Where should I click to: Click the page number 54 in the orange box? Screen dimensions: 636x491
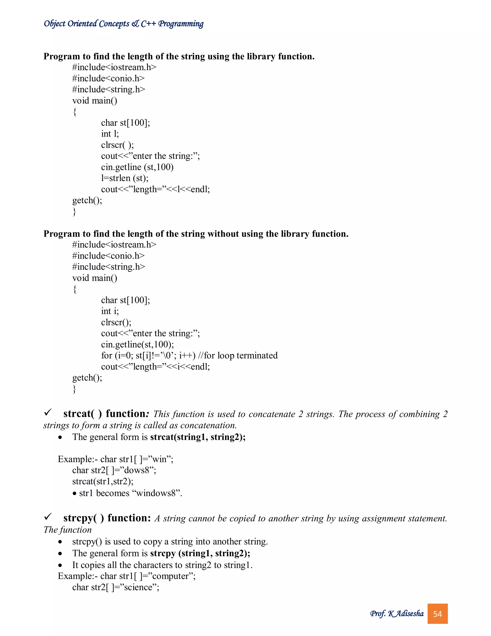coord(437,614)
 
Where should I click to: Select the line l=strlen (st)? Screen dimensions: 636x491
coord(124,178)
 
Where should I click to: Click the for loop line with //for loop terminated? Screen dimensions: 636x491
coord(189,356)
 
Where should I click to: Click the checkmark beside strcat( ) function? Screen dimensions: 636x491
coord(48,412)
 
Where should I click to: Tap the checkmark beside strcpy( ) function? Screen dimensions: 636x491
coord(48,517)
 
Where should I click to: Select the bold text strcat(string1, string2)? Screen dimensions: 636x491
coord(198,437)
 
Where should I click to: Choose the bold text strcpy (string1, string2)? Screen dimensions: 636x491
coord(200,553)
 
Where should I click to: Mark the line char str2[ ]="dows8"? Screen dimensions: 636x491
coord(114,470)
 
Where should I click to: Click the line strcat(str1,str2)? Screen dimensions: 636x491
coord(103,481)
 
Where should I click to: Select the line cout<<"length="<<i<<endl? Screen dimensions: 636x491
coord(155,367)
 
